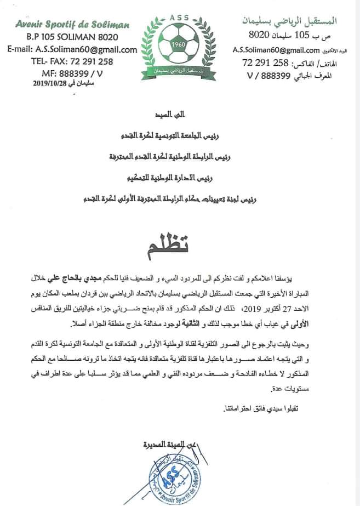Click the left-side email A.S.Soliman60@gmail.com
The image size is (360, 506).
[72, 49]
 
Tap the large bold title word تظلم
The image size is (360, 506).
[176, 245]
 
